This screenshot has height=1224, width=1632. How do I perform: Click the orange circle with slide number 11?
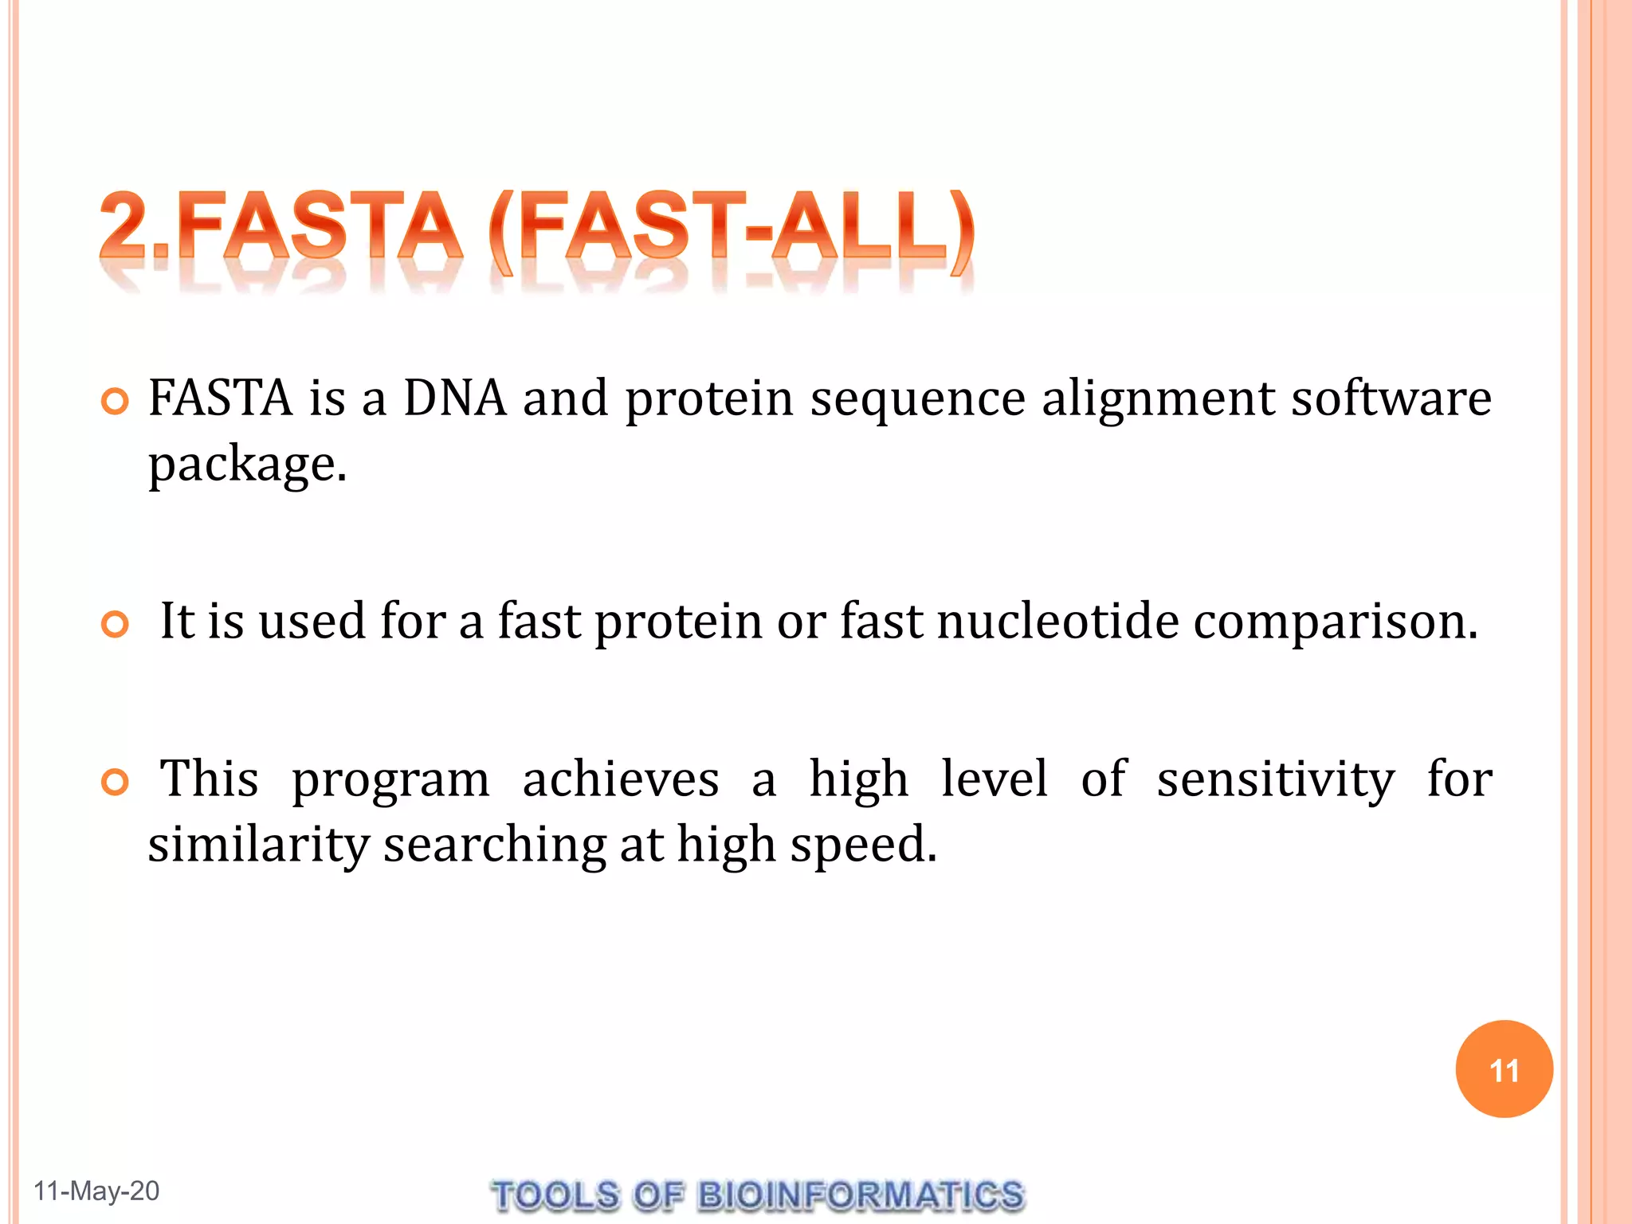pyautogui.click(x=1504, y=1069)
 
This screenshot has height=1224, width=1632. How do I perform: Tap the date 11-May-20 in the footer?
pyautogui.click(x=96, y=1191)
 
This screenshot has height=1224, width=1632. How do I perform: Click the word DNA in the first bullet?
pyautogui.click(x=454, y=398)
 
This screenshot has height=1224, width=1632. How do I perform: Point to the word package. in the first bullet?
pyautogui.click(x=248, y=465)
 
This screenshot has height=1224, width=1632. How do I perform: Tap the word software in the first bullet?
pyautogui.click(x=1391, y=398)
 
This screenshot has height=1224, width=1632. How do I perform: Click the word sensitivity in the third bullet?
pyautogui.click(x=1275, y=780)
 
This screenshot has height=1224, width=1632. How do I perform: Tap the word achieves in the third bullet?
pyautogui.click(x=620, y=779)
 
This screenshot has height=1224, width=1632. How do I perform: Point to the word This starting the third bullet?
pyautogui.click(x=209, y=779)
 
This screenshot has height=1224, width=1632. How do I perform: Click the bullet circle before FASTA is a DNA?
pyautogui.click(x=116, y=402)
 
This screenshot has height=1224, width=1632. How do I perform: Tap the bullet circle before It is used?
pyautogui.click(x=116, y=624)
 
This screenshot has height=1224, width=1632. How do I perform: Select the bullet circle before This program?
pyautogui.click(x=116, y=783)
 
